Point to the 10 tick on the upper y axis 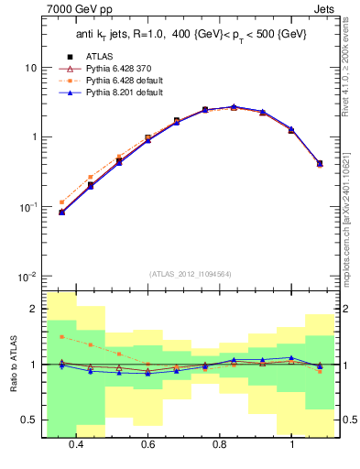(28, 69)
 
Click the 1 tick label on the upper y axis (32, 138)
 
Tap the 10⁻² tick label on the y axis (27, 278)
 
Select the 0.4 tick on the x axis (76, 444)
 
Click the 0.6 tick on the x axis (147, 444)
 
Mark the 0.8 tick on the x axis (220, 444)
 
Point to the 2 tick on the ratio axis (33, 310)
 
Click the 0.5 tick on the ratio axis (29, 420)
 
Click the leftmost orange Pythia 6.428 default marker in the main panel (61, 202)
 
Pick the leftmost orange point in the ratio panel (61, 337)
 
